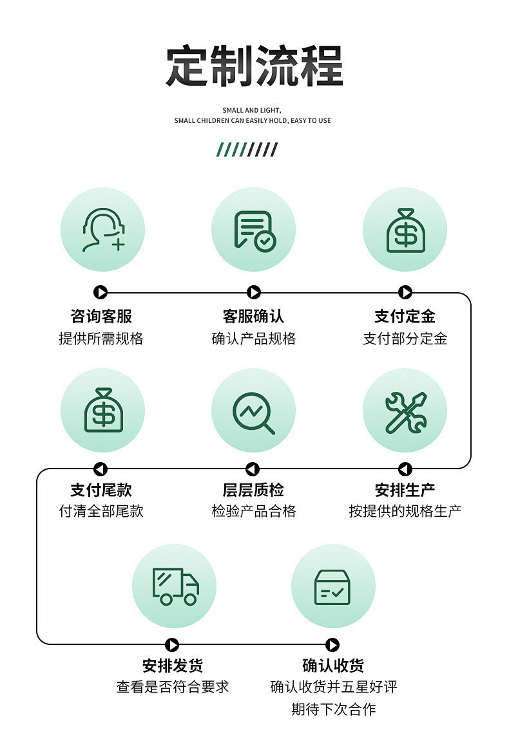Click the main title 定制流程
(x=254, y=66)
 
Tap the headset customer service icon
(x=102, y=230)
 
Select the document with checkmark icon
(x=254, y=230)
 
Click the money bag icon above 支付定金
(x=405, y=230)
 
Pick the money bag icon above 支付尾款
(x=102, y=410)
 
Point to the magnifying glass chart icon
(x=254, y=411)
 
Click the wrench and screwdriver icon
(x=405, y=411)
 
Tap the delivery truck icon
(x=175, y=586)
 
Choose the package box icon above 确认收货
(x=332, y=586)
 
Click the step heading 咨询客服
(x=101, y=316)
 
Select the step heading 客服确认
(x=253, y=316)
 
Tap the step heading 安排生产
(x=405, y=490)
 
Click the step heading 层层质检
(x=253, y=490)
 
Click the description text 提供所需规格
(x=101, y=339)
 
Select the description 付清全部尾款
(x=101, y=511)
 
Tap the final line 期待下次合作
(x=333, y=709)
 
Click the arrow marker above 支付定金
(x=405, y=293)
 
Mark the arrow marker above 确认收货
(x=332, y=645)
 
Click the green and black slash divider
(x=247, y=150)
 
